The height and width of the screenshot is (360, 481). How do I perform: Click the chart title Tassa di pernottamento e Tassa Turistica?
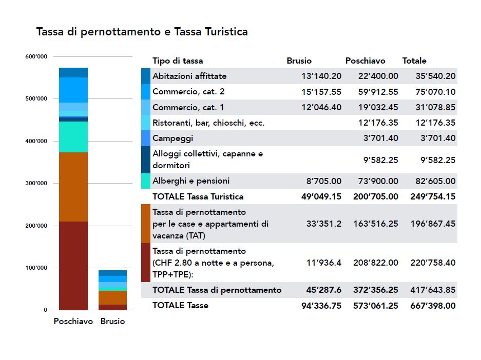[x=142, y=32]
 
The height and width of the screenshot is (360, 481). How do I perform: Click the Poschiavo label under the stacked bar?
[x=73, y=322]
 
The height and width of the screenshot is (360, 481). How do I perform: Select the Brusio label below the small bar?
[x=112, y=322]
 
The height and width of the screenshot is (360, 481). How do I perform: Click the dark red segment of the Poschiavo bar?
[x=73, y=266]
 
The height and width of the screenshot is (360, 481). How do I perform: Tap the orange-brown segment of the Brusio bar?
[x=112, y=297]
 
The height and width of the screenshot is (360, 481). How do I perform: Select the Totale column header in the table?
[x=414, y=61]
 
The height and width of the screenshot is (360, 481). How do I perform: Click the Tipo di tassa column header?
[x=178, y=61]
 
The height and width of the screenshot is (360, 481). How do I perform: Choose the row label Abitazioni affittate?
[x=189, y=76]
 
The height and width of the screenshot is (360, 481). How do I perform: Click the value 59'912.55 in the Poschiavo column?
[x=378, y=92]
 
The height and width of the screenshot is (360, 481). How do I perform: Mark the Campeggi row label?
[x=173, y=138]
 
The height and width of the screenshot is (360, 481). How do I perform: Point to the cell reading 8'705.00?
[x=324, y=181]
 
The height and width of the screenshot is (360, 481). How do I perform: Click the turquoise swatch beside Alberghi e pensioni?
[x=146, y=181]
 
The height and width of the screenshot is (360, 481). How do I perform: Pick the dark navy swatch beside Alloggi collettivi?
[x=146, y=159]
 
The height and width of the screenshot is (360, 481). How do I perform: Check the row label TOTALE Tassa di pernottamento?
[x=217, y=290]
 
